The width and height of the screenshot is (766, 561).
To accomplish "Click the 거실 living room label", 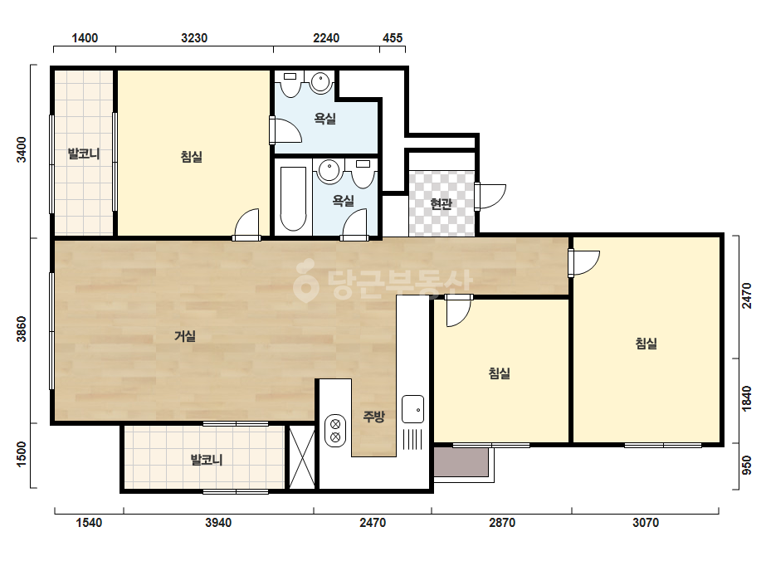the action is [x=185, y=336].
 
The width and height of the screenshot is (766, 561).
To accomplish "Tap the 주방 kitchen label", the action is [x=373, y=417].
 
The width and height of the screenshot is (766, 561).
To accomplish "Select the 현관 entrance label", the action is [x=442, y=203].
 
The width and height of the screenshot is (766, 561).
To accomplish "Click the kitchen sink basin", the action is [x=412, y=409].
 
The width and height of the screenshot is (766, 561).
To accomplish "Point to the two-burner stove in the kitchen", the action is [x=335, y=431].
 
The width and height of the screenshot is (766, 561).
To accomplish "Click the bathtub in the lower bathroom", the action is [x=293, y=198].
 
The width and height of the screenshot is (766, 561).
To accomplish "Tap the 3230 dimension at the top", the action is [x=194, y=38].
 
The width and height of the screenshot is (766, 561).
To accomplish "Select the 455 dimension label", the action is [x=393, y=38].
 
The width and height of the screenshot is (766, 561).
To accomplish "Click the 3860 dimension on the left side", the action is [x=22, y=329].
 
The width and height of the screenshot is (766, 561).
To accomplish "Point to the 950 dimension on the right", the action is [x=747, y=466].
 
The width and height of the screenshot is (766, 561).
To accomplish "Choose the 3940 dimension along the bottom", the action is [x=218, y=523].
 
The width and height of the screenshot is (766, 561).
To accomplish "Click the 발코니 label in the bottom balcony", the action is [x=207, y=460].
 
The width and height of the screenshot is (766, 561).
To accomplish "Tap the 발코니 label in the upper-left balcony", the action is [x=84, y=154].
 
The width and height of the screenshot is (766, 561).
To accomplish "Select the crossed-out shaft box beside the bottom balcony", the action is [x=302, y=457].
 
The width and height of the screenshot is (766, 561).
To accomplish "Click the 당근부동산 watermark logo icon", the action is [x=305, y=280].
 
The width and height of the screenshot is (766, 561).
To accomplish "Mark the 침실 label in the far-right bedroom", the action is [x=646, y=344].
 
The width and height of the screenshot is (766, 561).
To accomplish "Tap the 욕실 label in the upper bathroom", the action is [x=324, y=119].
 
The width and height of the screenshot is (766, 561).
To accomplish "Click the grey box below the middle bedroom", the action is [x=461, y=461].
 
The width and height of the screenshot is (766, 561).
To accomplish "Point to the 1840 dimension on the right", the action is [x=747, y=399].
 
